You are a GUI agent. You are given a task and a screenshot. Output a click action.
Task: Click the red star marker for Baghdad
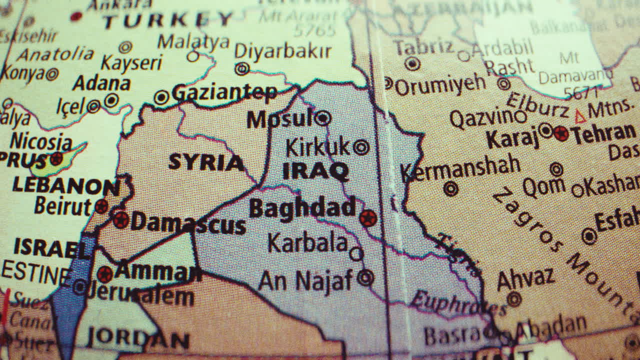coord(368,218)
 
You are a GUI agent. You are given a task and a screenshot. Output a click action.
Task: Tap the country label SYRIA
coord(206,162)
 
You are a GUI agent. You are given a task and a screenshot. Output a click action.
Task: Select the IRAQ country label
coord(315,171)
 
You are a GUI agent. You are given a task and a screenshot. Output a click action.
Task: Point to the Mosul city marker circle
coord(322,118)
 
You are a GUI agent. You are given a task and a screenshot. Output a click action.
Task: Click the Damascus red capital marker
coord(120,219)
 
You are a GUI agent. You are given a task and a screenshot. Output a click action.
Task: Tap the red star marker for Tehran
coord(561,133)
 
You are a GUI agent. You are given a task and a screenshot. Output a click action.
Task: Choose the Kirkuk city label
coord(317,147)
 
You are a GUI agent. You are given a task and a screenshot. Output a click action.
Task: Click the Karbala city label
coord(307,243)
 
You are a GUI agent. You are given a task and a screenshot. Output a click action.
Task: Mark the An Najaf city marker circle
coord(366,277)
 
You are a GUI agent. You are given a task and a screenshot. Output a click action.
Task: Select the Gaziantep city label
coord(224,92)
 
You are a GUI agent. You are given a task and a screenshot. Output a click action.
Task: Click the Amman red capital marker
coord(105,274)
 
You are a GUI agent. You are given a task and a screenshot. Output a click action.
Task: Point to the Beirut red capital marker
coord(101,206)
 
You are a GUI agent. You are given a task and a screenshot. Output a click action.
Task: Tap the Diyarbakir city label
coord(282,51)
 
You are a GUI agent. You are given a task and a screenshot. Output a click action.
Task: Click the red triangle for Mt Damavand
coord(580,117)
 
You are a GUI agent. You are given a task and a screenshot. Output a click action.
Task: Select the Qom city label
coord(543,188)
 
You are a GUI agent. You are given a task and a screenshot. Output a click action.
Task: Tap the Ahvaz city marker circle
coord(514,299)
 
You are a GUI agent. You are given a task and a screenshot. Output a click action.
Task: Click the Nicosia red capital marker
coord(56,159)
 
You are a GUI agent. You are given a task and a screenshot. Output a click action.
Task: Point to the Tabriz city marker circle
coord(412,63)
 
